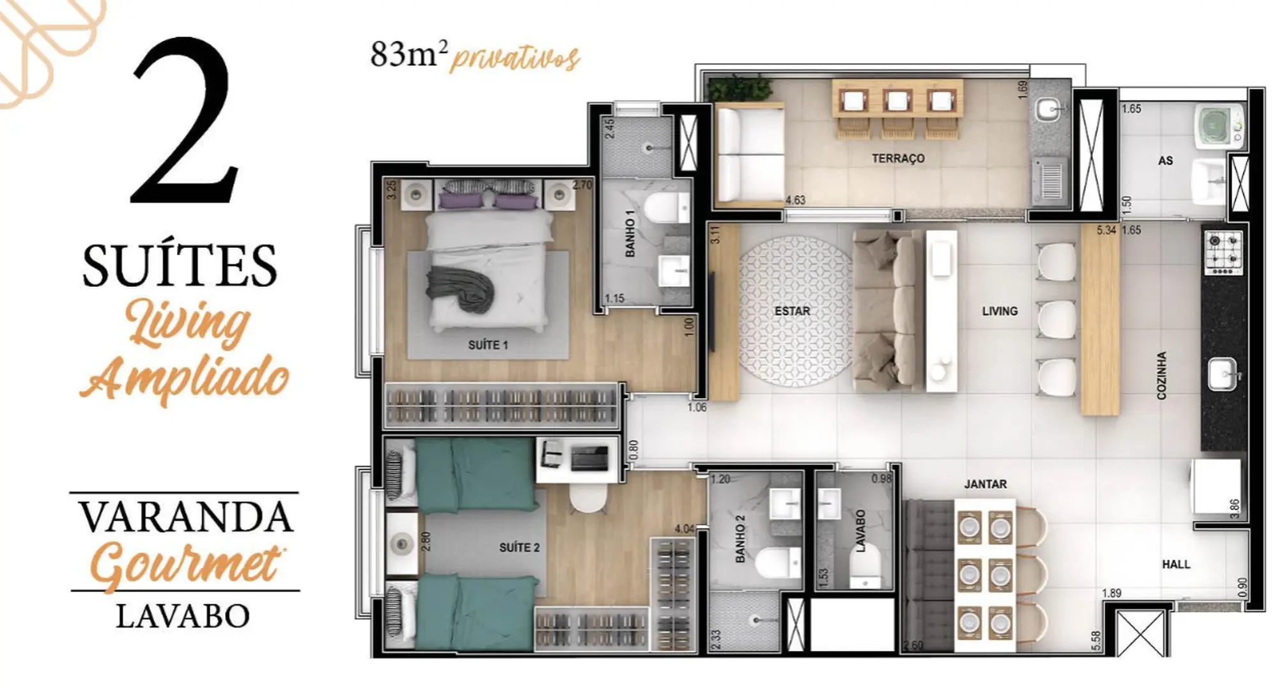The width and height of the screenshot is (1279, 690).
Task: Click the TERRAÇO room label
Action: [898, 158]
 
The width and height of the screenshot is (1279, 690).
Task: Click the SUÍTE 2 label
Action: [519, 548]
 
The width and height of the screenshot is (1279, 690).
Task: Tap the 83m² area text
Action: [408, 54]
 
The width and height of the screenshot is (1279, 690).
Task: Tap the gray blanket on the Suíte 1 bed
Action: [461, 289]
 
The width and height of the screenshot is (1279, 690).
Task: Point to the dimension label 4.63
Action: [795, 200]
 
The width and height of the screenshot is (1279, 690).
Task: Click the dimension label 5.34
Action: [1106, 230]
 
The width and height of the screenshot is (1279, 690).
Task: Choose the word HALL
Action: [1175, 564]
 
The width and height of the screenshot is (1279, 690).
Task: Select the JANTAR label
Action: [985, 484]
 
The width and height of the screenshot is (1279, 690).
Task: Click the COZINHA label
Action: [1161, 376]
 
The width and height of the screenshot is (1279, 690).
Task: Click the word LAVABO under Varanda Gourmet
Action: [183, 616]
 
